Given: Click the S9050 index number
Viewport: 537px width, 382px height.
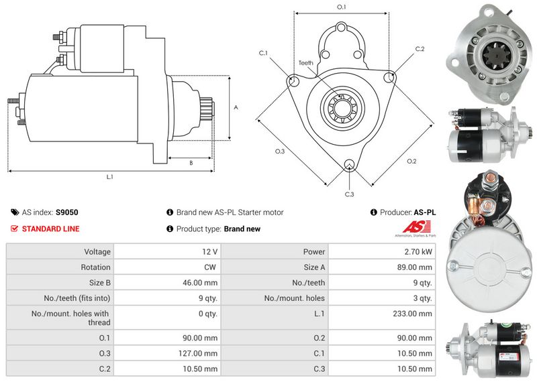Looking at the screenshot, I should pos(66,212).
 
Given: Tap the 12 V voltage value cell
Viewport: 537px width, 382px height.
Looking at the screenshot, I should pos(209,252).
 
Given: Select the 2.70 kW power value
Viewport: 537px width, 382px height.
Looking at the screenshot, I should pos(418,252).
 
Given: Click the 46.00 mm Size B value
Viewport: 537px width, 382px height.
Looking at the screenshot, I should pos(201,283).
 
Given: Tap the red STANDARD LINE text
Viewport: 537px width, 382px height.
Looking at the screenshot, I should pos(50,229).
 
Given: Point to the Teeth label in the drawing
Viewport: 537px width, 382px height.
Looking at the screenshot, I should pos(305,63).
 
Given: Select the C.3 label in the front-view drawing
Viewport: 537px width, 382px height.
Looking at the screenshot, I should pos(349,194).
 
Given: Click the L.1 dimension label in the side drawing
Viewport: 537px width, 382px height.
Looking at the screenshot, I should pos(109,178).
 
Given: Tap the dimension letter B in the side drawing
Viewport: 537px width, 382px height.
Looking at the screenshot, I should pos(191,163).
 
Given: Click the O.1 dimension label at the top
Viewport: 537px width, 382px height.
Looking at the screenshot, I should pos(341,7).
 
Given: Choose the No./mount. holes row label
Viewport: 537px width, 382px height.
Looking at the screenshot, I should pos(295,298).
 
